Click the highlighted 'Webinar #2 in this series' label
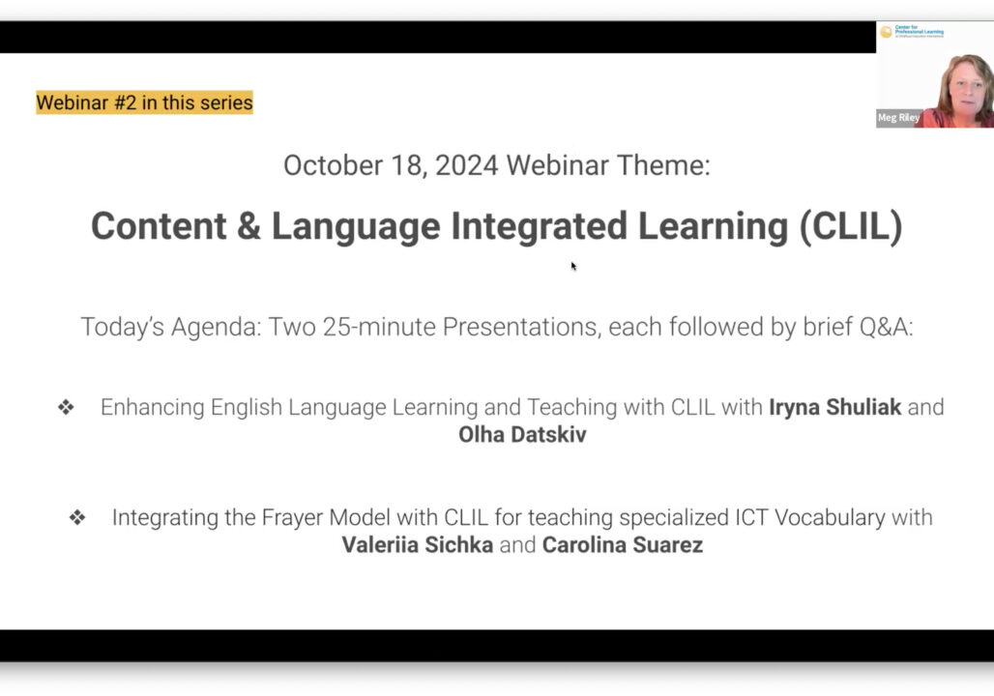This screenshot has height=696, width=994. click(144, 102)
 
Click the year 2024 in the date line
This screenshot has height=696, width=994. click(466, 165)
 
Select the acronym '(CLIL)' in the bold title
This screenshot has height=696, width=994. click(850, 226)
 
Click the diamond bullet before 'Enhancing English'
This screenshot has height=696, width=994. click(66, 408)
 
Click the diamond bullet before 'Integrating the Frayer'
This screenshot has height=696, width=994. click(77, 518)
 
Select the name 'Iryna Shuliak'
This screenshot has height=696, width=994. click(834, 407)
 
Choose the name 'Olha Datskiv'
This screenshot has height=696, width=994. click(522, 435)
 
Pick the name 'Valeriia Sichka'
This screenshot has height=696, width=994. click(417, 545)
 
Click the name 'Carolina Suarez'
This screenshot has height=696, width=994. click(622, 545)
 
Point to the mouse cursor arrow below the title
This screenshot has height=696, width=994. click(573, 266)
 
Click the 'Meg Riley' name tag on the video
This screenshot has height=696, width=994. click(898, 118)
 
